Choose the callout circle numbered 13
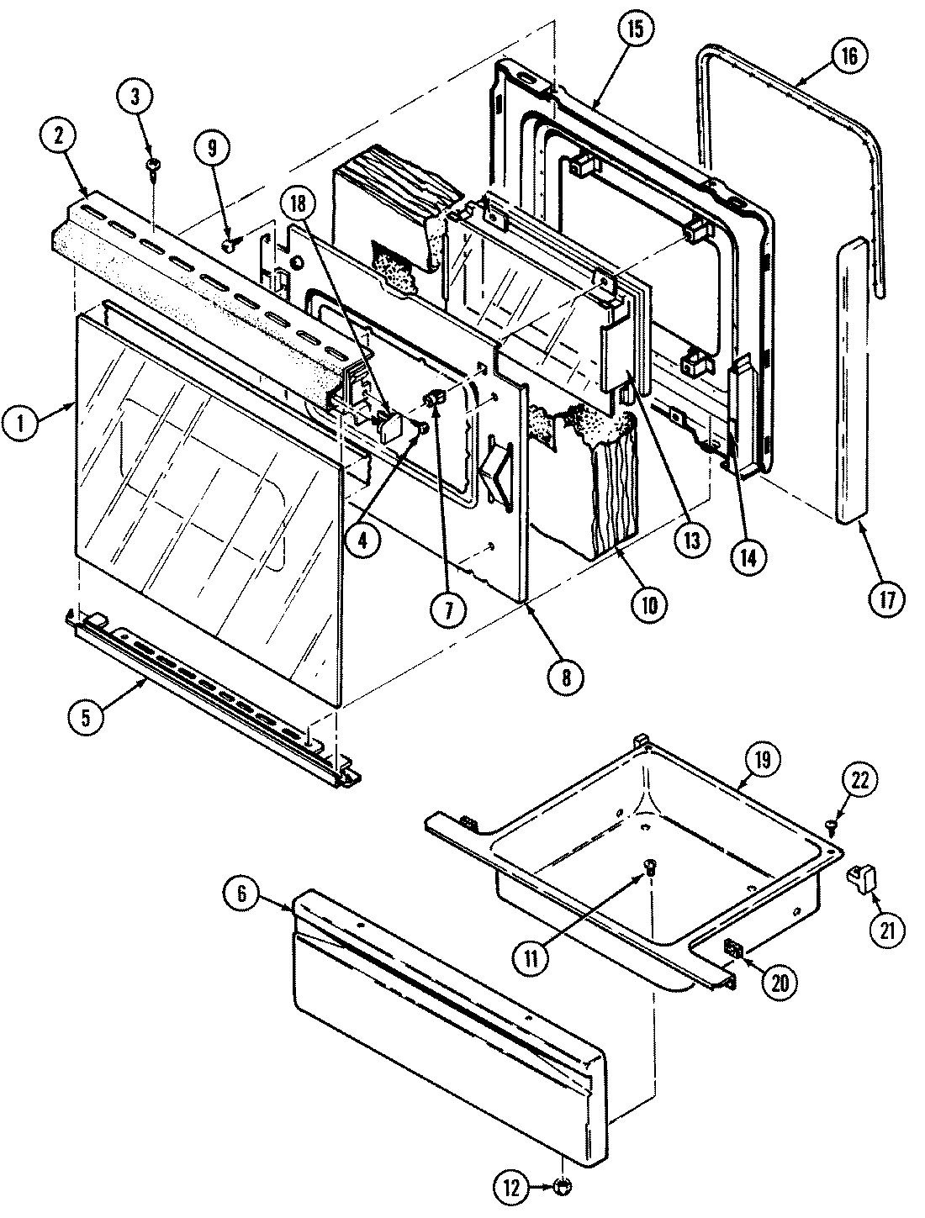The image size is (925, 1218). [691, 540]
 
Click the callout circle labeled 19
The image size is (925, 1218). [762, 759]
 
